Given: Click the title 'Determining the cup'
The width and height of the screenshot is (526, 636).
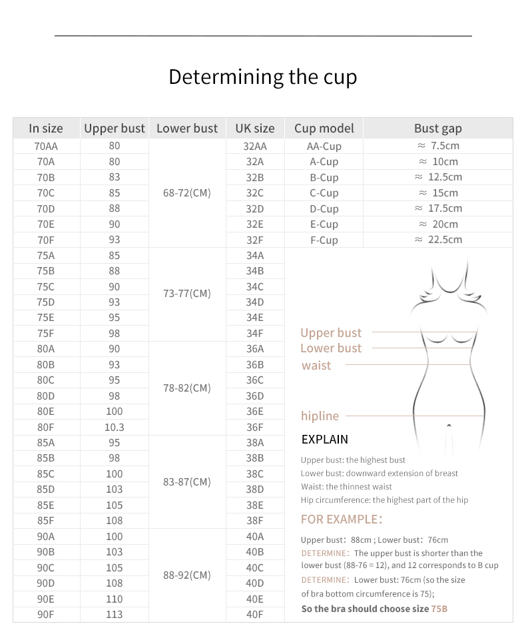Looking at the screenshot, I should click(x=262, y=77).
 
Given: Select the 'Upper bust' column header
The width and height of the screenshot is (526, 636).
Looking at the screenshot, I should click(x=115, y=129).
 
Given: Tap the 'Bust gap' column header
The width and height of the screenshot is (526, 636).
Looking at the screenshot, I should click(x=437, y=129).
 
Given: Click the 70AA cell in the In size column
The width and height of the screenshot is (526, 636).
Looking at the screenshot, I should click(x=46, y=146).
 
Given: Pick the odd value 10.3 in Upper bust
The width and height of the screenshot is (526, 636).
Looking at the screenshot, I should click(x=115, y=427).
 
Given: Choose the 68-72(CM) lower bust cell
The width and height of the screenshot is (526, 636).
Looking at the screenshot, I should click(x=186, y=192).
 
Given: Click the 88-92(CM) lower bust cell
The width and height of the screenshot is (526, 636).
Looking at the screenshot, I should click(x=186, y=575).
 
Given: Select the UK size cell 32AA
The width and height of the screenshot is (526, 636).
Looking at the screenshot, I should click(x=255, y=146).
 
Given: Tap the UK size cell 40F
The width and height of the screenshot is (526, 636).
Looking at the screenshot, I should click(x=255, y=615).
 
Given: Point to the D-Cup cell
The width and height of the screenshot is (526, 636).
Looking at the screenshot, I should click(x=324, y=208).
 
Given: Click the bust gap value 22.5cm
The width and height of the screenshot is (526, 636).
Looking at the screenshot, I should click(x=439, y=240).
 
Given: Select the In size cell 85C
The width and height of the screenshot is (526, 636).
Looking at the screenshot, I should click(x=46, y=474).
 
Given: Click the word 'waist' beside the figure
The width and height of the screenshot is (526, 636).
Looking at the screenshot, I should click(x=316, y=365).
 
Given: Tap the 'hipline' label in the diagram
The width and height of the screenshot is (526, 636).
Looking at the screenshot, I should click(x=320, y=416).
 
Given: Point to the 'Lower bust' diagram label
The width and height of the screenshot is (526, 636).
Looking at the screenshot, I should click(x=331, y=348).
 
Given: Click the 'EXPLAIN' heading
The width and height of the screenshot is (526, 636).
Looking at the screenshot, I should click(x=324, y=439).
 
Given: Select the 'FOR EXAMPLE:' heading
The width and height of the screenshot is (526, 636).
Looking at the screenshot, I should click(x=342, y=519).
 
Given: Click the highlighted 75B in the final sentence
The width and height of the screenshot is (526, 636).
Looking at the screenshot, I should click(x=439, y=609).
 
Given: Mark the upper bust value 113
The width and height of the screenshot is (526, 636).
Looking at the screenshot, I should click(x=115, y=615).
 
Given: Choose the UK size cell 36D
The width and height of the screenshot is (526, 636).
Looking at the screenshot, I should click(x=255, y=396).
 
